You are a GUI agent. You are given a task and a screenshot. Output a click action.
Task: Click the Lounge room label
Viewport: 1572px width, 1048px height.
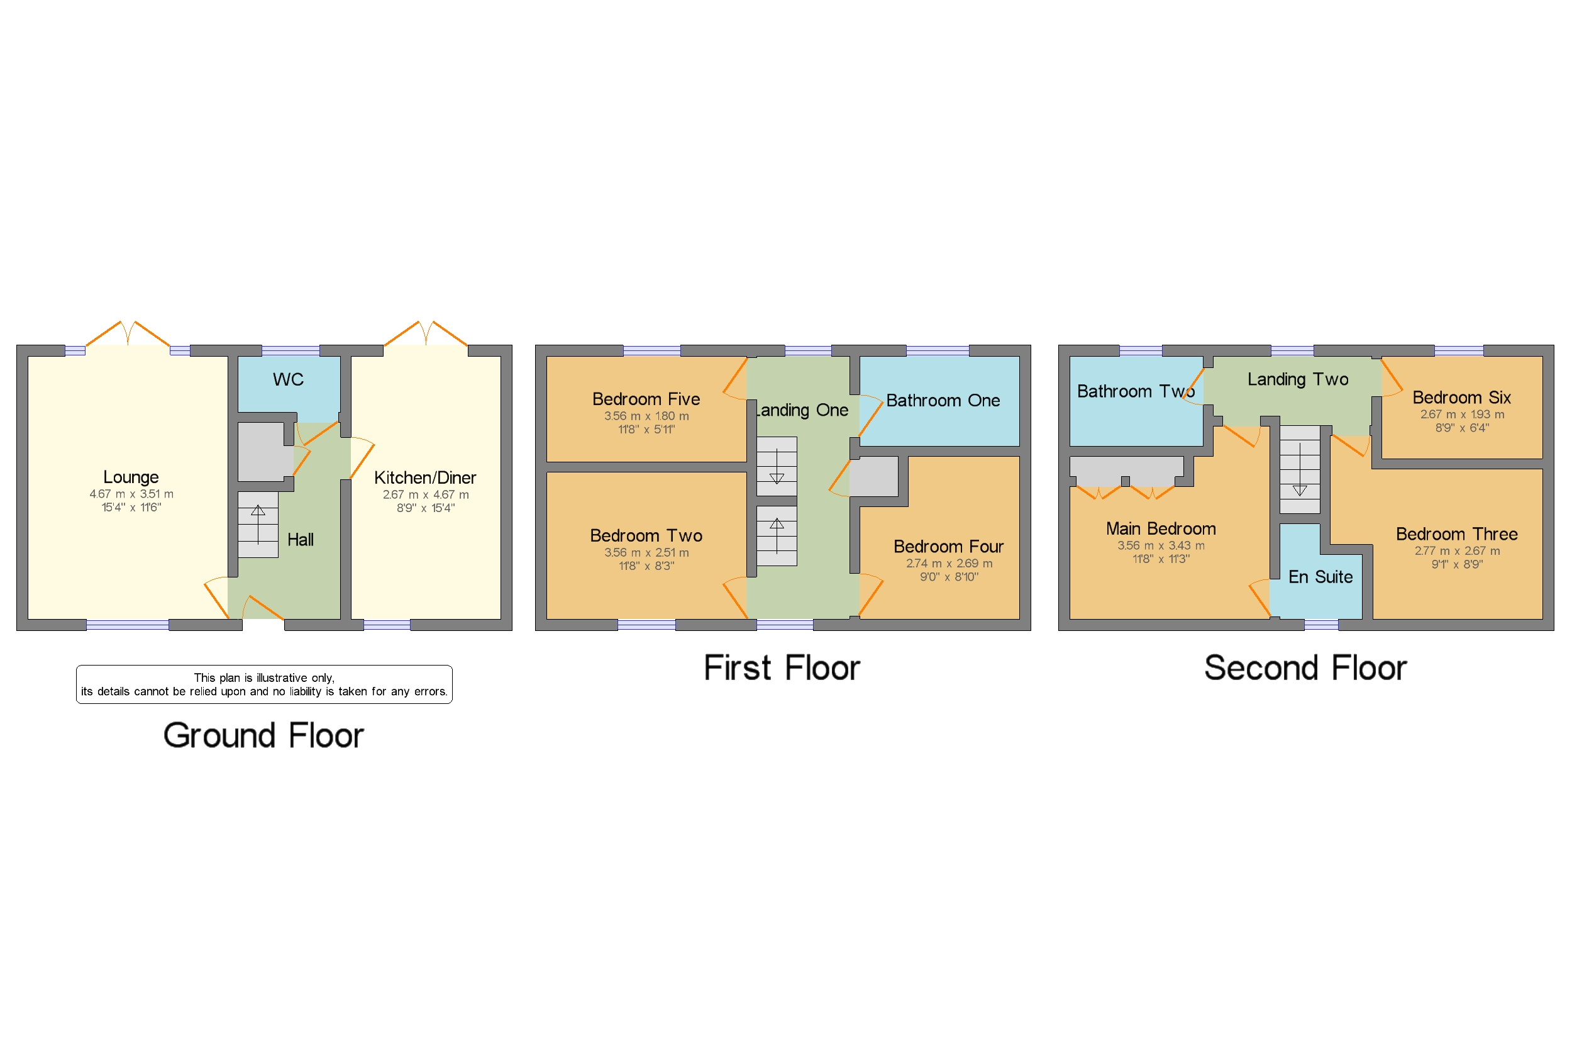(x=131, y=477)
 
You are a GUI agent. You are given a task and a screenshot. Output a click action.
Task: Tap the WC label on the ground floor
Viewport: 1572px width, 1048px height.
(x=288, y=380)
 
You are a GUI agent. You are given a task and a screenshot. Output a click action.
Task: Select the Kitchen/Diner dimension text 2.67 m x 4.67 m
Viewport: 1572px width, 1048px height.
(x=426, y=494)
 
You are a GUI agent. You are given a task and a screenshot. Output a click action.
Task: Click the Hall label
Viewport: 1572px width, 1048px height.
(x=300, y=539)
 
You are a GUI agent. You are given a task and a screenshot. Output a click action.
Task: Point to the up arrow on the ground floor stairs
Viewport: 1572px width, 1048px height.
(x=258, y=512)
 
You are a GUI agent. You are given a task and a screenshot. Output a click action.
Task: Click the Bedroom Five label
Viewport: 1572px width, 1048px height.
(x=646, y=399)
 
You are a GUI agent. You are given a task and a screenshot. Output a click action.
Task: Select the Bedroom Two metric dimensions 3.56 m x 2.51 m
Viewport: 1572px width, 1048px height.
(x=646, y=553)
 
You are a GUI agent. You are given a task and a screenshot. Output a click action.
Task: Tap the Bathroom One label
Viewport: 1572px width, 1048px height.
(x=943, y=400)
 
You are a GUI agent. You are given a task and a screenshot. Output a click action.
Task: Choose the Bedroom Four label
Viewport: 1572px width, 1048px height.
(x=948, y=547)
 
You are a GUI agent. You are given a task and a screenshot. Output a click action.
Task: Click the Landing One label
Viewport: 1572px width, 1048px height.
(x=802, y=410)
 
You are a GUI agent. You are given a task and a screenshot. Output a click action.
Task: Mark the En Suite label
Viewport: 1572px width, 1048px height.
(x=1320, y=577)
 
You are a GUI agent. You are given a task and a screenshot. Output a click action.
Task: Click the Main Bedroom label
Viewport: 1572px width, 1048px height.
(x=1161, y=528)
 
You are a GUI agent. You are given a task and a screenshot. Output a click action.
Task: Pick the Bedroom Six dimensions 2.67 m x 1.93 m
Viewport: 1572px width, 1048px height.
(x=1462, y=415)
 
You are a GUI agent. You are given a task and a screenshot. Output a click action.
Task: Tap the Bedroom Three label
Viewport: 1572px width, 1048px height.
(x=1456, y=534)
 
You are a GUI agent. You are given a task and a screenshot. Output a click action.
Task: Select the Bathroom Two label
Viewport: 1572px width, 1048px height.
(x=1135, y=391)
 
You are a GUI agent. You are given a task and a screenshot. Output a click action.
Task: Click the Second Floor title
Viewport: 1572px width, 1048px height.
(x=1305, y=667)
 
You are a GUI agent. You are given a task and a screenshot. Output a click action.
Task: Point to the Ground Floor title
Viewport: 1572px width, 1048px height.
(x=263, y=735)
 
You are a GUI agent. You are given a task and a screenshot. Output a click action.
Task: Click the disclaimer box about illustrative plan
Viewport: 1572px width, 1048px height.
(x=264, y=684)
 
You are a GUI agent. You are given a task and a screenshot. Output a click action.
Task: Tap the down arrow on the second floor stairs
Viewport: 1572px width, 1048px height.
(x=1300, y=490)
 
